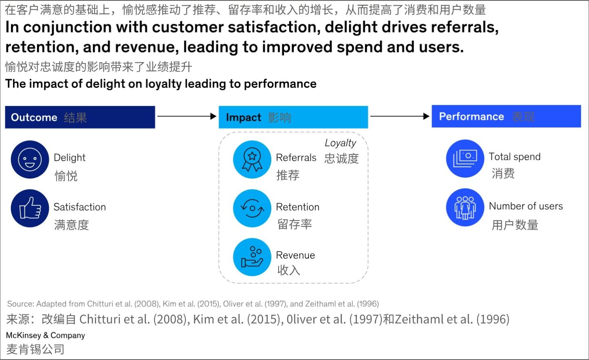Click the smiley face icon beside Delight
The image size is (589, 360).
tap(30, 159)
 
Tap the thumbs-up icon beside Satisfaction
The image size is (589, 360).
tap(30, 208)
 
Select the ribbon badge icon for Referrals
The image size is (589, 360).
tap(252, 159)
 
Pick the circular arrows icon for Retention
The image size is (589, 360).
tap(252, 208)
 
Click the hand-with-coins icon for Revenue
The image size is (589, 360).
tap(252, 257)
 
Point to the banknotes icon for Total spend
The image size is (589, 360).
tap(465, 159)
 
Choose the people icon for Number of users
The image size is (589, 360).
tap(465, 208)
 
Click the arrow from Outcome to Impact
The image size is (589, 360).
tap(186, 117)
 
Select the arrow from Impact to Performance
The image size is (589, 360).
tap(400, 117)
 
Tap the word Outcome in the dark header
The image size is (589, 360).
tap(34, 117)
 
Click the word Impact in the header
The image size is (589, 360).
tap(243, 117)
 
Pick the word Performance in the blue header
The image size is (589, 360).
tap(471, 117)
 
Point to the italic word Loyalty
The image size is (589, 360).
tap(340, 143)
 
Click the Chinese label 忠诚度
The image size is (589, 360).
tap(341, 158)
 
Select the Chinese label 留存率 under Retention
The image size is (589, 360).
tap(294, 224)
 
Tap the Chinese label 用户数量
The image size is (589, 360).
tap(515, 225)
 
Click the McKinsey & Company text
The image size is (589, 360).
tap(45, 336)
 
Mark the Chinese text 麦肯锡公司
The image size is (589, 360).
tap(35, 349)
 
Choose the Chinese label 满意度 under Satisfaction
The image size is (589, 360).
tap(71, 225)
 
